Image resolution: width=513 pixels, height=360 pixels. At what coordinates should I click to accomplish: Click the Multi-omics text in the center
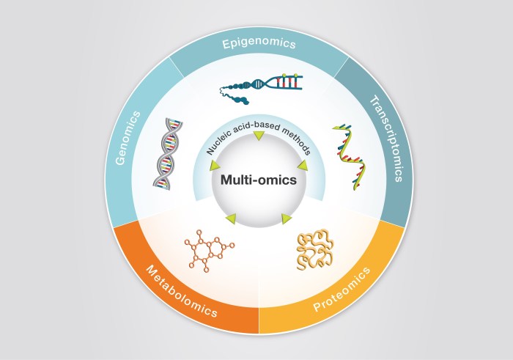coord(256,179)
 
